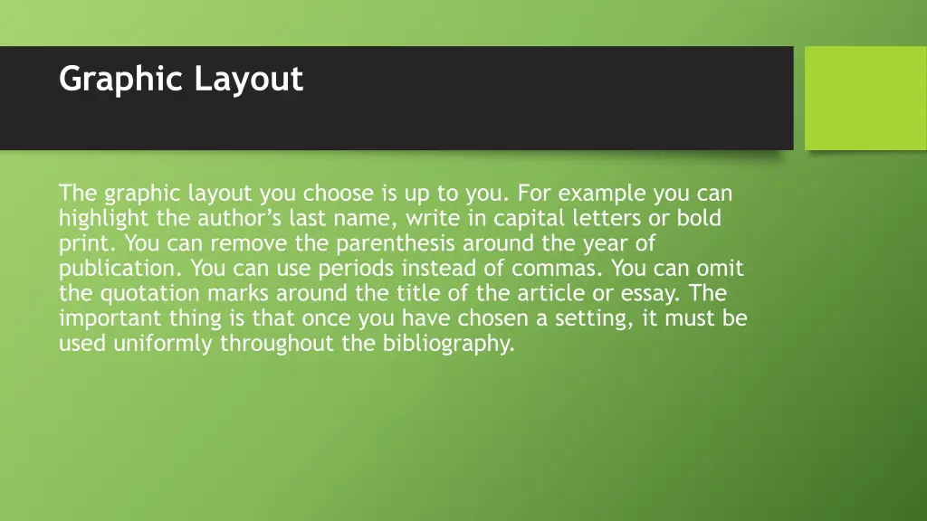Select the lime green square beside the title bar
tap(865, 98)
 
